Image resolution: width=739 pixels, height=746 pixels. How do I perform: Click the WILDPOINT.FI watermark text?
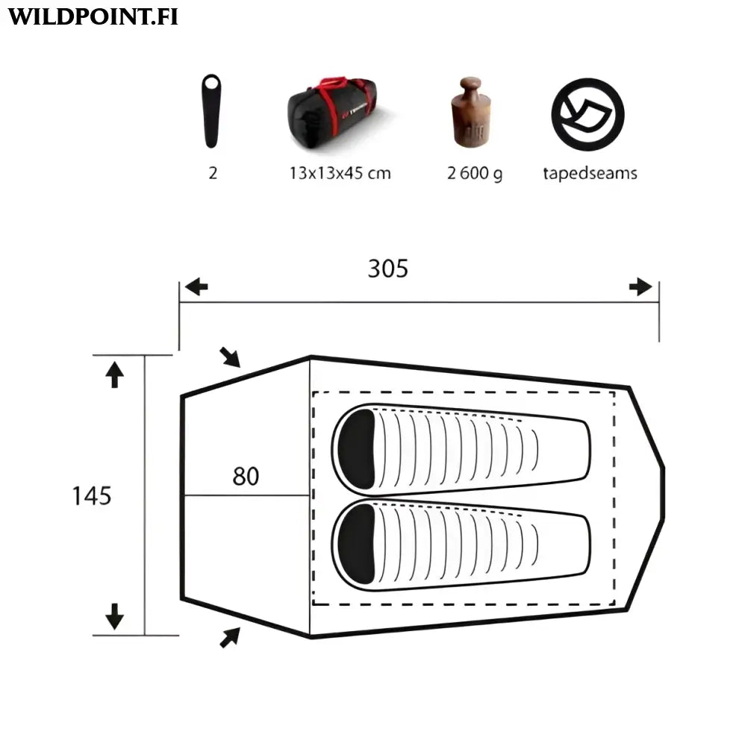coord(93,17)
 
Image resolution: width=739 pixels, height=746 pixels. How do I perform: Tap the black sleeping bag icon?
coord(212,111)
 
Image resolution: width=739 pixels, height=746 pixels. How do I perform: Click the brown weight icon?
coord(470,112)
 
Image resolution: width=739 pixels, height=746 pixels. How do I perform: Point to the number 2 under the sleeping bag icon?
coord(213,173)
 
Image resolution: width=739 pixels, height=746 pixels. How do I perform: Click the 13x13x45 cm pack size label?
coord(340,173)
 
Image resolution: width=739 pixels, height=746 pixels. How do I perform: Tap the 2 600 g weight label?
coord(474,174)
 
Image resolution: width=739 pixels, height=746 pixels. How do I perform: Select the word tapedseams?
coord(590,173)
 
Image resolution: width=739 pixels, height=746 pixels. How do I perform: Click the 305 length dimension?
coord(388,269)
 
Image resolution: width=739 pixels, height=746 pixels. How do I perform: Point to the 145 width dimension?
coord(92,495)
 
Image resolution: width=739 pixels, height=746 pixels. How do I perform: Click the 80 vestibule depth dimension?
coord(246,476)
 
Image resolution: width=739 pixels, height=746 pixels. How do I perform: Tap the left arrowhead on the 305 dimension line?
coord(196,287)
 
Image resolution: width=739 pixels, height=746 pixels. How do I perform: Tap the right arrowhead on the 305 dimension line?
coord(640,287)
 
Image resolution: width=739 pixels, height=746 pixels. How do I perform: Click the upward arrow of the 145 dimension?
coord(114,374)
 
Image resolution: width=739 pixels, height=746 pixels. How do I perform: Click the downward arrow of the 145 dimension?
coord(114,616)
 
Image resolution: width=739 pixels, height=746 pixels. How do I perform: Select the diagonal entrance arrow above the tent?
coord(231,357)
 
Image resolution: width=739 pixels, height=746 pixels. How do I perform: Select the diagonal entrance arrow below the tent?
coord(230,636)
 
